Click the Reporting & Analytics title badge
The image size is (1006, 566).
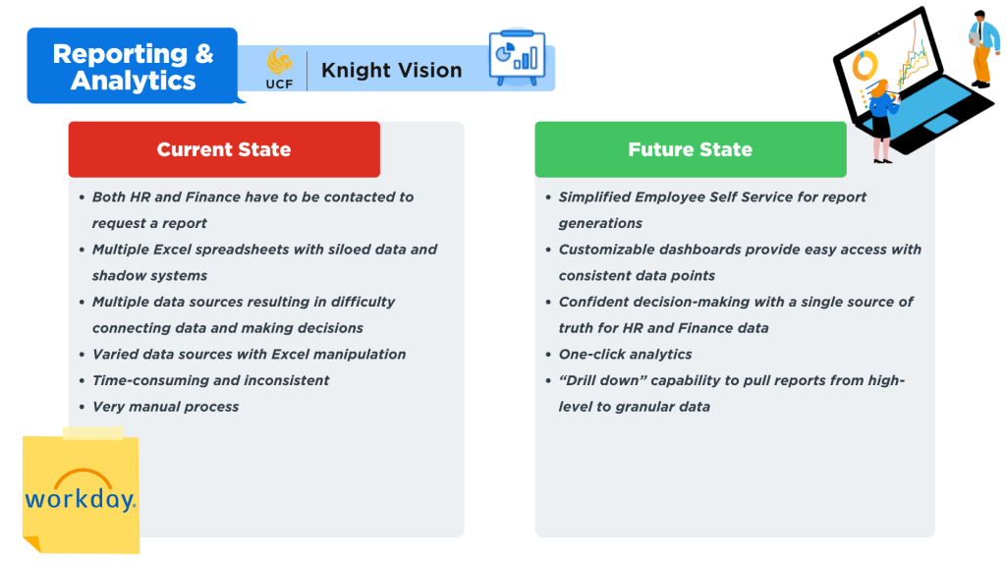[x=133, y=66]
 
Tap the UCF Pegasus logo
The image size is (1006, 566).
[x=279, y=69]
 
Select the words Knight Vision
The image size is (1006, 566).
[x=391, y=70]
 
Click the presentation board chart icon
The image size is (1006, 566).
[x=517, y=57]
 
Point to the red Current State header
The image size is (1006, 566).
[x=224, y=149]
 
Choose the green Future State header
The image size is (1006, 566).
[x=691, y=149]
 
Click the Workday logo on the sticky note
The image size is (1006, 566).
[x=81, y=491]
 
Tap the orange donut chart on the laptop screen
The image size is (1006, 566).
[x=865, y=66]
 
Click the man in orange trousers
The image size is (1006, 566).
[x=982, y=49]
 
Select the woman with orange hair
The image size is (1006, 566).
[x=881, y=121]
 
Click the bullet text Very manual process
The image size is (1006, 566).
[x=165, y=407]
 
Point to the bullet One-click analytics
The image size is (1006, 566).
[x=626, y=354]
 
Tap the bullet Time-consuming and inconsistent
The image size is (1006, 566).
[x=210, y=380]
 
